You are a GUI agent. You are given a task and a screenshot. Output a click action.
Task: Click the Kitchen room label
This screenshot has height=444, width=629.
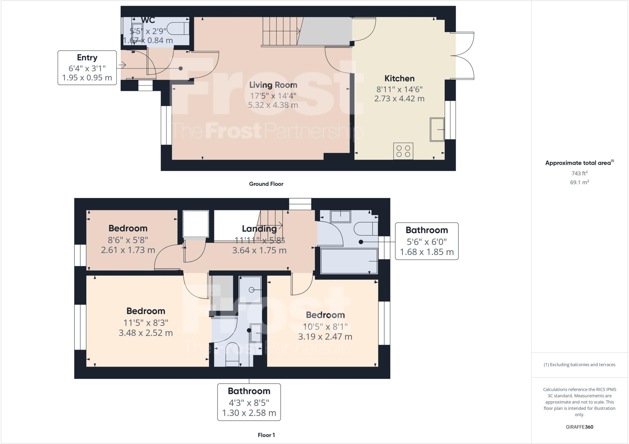coord(399,79)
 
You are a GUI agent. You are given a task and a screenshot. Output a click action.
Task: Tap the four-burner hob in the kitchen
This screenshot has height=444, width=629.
coord(403,151)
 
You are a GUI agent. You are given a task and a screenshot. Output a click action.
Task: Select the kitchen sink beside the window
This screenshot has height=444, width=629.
coord(437,130)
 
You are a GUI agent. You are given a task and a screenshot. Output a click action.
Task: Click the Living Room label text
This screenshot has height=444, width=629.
coord(273,85)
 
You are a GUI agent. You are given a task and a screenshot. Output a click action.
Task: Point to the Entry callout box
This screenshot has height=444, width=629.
coord(87,68)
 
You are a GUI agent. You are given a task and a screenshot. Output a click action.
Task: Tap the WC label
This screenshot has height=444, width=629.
coord(148,20)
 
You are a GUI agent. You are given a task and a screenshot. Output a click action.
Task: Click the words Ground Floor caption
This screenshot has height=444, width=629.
coord(266,184)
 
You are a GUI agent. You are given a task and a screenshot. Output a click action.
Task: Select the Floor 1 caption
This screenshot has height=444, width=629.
coord(266,435)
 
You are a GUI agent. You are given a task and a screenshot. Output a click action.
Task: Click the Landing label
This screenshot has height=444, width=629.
coord(259,228)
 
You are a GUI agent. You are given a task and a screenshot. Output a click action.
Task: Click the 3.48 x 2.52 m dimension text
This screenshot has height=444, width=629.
coord(146,333)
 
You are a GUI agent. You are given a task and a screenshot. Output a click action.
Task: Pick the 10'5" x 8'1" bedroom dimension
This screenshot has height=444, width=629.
coord(325,326)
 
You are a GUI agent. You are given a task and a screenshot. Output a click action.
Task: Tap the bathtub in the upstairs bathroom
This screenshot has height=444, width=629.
coord(349,261)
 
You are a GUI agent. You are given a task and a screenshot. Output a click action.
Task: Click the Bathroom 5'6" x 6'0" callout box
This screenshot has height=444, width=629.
coord(426,241)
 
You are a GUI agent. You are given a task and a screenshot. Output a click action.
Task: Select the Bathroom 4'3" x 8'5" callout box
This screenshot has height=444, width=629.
coord(249,402)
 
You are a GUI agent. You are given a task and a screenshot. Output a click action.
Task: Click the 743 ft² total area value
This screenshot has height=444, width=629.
coord(579,173)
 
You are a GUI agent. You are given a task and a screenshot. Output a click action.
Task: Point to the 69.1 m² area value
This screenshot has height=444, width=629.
coord(579,182)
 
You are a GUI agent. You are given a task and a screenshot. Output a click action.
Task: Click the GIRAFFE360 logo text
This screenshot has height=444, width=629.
coord(579,427)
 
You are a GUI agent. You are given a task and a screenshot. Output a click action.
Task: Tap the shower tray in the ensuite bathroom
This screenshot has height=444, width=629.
coord(250,290)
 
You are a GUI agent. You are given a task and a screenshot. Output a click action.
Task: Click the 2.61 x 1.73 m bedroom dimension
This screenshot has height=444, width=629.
coord(128,250)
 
